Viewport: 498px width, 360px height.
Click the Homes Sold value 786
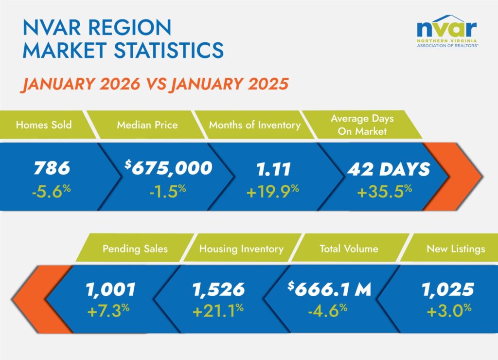tap(52, 168)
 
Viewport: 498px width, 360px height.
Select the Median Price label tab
tap(147, 125)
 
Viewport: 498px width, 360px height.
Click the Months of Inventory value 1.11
tap(274, 168)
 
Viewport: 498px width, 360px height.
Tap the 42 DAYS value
tap(388, 169)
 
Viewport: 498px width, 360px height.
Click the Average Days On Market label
tap(362, 125)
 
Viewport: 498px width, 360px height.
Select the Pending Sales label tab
tap(135, 249)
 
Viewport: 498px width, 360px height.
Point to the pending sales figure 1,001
tap(110, 290)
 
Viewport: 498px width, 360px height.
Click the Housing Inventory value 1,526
tap(218, 290)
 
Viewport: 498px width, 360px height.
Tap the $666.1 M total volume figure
tap(330, 290)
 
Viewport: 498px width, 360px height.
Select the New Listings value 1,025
tap(448, 290)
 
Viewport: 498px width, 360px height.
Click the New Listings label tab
tap(455, 249)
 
